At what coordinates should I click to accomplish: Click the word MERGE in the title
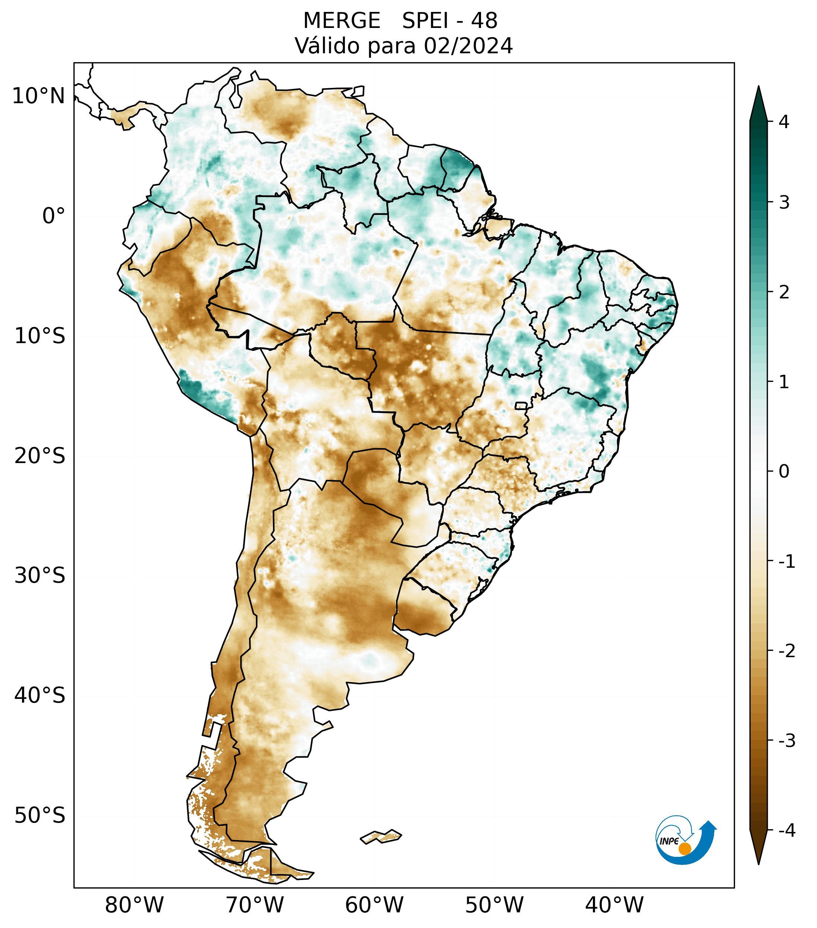341,21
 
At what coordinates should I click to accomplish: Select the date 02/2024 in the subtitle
468,46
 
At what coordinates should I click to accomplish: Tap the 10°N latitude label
39,96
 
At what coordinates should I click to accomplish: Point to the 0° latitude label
54,216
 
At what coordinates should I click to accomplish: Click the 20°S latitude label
40,456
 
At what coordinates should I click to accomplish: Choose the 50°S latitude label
40,815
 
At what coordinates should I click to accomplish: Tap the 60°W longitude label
374,905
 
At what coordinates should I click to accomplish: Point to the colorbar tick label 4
784,122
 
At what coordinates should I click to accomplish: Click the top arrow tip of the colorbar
758,87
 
